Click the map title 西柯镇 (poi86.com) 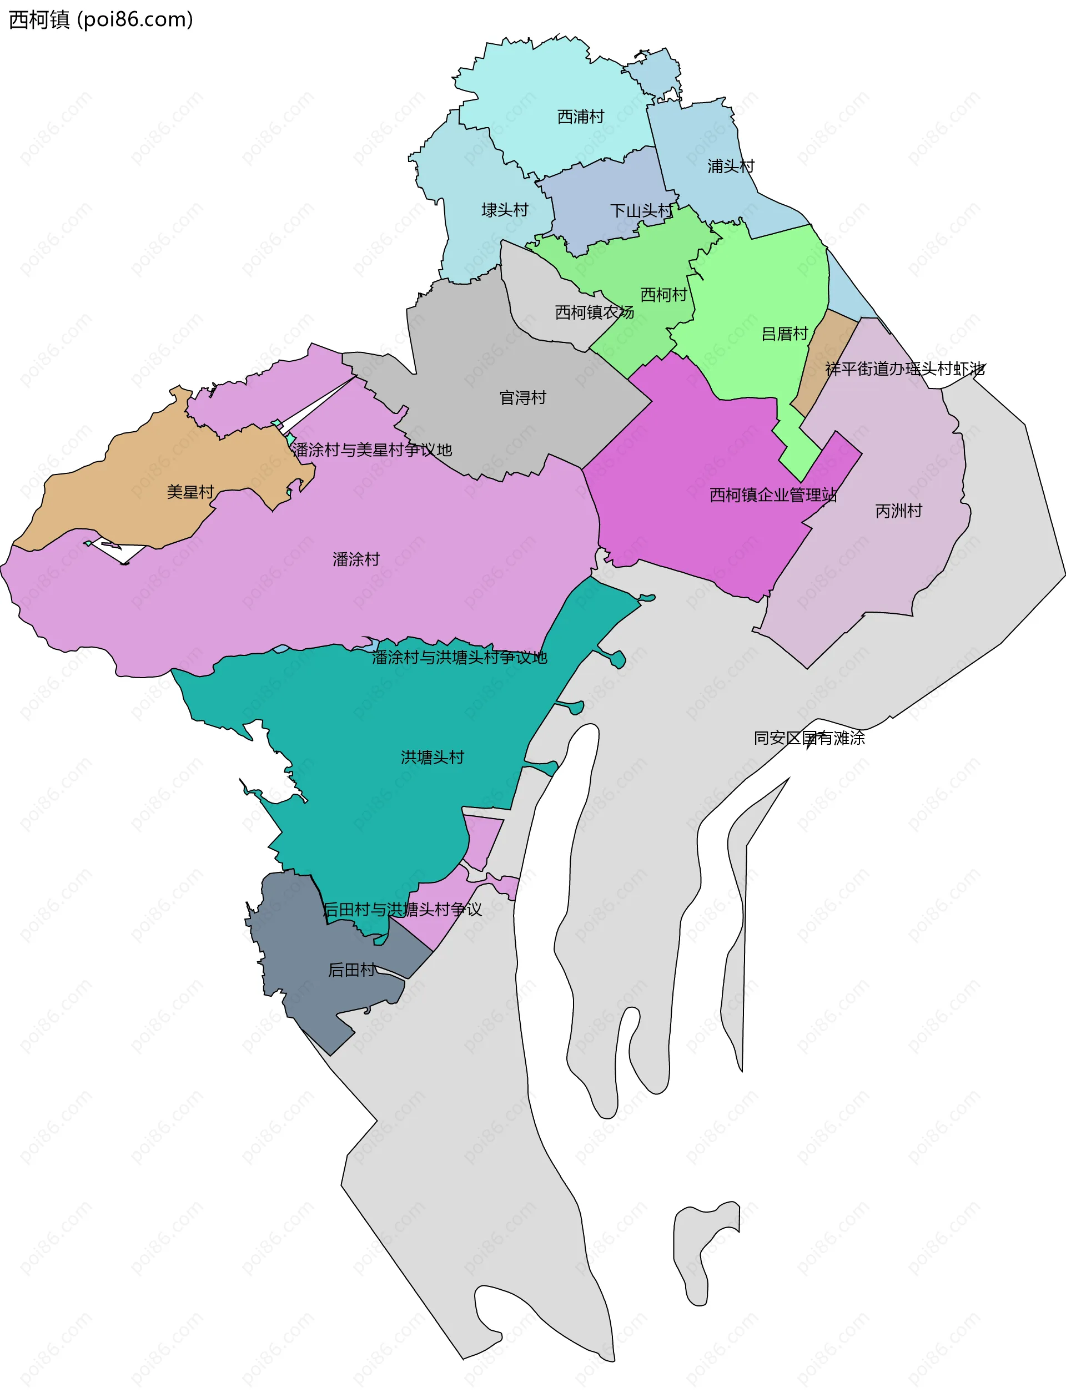click(x=100, y=19)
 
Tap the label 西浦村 click(x=580, y=117)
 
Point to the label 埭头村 click(x=505, y=210)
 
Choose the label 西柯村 click(x=663, y=294)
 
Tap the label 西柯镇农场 click(x=594, y=312)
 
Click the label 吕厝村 click(x=785, y=334)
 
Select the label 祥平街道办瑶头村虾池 click(x=904, y=369)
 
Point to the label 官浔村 click(x=522, y=398)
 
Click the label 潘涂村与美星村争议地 click(x=371, y=450)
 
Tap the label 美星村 click(x=190, y=492)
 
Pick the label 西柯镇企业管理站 click(x=773, y=494)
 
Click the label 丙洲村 click(x=898, y=511)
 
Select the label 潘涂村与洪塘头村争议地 click(x=459, y=657)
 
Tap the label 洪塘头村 click(x=432, y=757)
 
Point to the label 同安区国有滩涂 click(x=808, y=738)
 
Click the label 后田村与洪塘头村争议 click(x=403, y=910)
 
